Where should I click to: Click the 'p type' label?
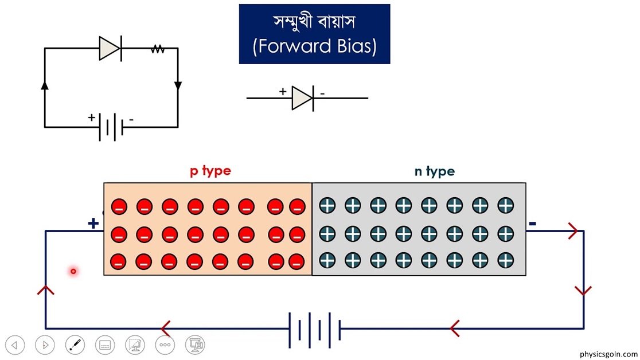[x=210, y=171]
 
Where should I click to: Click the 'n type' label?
[x=435, y=171]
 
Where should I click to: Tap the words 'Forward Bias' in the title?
[x=314, y=46]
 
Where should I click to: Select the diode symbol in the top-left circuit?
[x=110, y=49]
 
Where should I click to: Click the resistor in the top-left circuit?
[x=158, y=49]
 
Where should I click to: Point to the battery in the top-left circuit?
[x=111, y=127]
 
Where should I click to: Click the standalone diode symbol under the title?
[x=302, y=98]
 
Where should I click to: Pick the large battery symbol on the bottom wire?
[x=315, y=329]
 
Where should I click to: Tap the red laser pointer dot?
[x=73, y=271]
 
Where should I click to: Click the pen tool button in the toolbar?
[x=75, y=345]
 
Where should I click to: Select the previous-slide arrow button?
[x=15, y=345]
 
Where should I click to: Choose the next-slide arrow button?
[x=45, y=345]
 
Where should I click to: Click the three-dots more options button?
[x=165, y=345]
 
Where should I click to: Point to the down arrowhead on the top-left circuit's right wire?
[x=178, y=85]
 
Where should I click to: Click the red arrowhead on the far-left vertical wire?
[x=46, y=290]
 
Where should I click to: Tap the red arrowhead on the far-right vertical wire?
[x=583, y=291]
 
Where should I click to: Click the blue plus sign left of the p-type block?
[x=93, y=224]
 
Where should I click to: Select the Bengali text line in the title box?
[x=314, y=22]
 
